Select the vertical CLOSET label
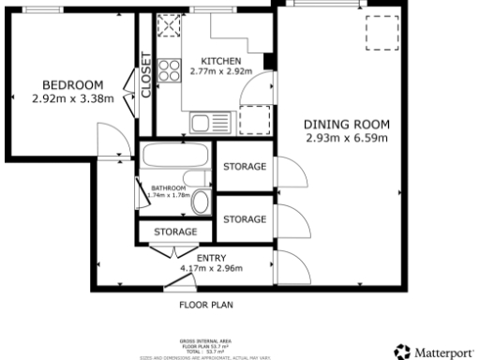click(x=146, y=73)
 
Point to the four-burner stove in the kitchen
click(x=170, y=69)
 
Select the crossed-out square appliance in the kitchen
click(x=172, y=26)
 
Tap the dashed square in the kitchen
click(x=254, y=121)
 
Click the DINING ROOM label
click(x=346, y=125)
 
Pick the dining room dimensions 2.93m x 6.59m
click(x=346, y=139)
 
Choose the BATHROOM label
click(x=170, y=187)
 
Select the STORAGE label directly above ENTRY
click(x=175, y=231)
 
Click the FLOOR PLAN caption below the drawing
click(x=206, y=305)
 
